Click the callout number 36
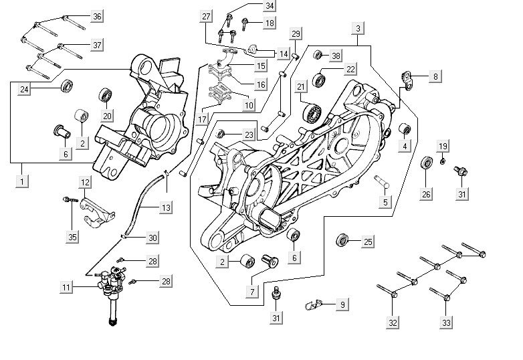97,16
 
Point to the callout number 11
66,287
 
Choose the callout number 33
447,323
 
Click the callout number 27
206,16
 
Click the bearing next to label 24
67,86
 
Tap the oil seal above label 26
426,164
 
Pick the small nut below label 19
443,161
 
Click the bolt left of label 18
246,25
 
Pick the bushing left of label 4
404,128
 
